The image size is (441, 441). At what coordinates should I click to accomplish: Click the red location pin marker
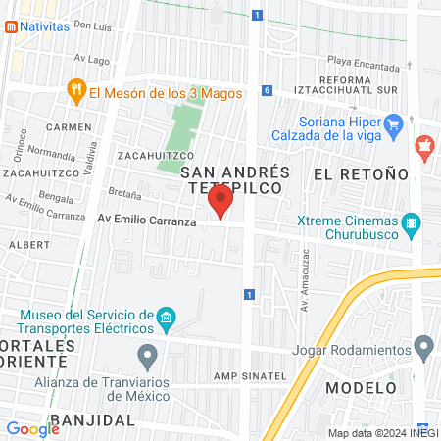[x=220, y=202]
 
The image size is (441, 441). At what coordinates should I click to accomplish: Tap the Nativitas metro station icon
[x=10, y=26]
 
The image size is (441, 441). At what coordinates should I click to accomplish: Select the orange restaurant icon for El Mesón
[x=76, y=93]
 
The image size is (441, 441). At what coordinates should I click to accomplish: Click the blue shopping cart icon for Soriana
[x=394, y=123]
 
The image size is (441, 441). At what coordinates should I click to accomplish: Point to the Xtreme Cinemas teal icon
[x=411, y=223]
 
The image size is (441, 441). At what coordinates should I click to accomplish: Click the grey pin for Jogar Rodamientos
[x=423, y=346]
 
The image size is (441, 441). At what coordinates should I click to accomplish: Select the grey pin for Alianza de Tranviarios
[x=148, y=354]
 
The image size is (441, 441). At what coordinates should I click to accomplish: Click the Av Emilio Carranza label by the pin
[x=146, y=220]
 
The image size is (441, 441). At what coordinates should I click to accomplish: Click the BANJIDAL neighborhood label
[x=91, y=419]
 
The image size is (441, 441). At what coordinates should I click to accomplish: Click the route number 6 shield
[x=267, y=90]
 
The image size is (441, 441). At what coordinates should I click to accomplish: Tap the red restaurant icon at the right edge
[x=424, y=149]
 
